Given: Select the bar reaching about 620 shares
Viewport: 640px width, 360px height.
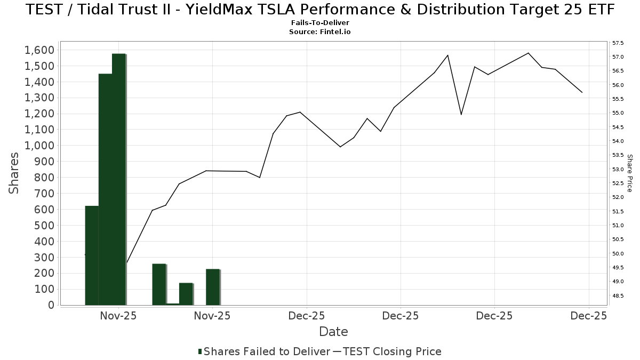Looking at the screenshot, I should (92, 255).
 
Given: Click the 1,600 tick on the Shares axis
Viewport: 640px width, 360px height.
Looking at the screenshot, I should (39, 50).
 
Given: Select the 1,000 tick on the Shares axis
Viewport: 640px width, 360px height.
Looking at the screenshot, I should (39, 146).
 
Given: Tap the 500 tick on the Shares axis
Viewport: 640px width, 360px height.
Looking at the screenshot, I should (43, 226).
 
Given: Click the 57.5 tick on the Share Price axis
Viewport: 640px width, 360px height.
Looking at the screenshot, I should (619, 43).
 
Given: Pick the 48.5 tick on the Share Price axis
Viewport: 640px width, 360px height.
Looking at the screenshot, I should (619, 295).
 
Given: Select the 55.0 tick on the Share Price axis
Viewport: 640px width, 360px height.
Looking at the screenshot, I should (619, 113).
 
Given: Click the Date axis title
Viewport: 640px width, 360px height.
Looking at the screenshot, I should (333, 332).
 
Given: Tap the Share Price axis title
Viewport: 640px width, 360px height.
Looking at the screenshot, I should (629, 173).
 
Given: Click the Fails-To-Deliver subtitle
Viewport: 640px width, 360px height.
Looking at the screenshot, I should (320, 23).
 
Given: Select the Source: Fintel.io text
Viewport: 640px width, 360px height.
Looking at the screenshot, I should (320, 32).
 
